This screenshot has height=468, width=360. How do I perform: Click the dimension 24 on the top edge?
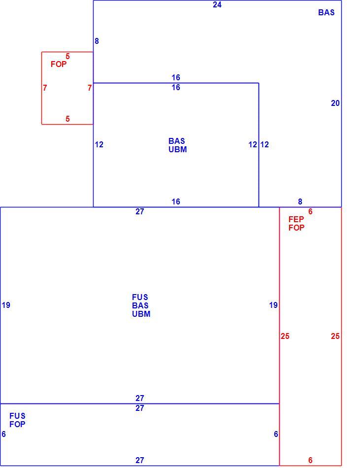pyautogui.click(x=217, y=5)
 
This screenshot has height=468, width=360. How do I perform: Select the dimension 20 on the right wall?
pyautogui.click(x=335, y=103)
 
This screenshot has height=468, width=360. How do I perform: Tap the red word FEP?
pyautogui.click(x=296, y=219)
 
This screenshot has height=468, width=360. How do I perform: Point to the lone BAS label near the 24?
pyautogui.click(x=327, y=12)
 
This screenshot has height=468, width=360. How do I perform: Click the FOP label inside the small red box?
pyautogui.click(x=59, y=64)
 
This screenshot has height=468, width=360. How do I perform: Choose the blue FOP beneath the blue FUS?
pyautogui.click(x=17, y=424)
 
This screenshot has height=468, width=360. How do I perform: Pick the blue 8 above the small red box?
pyautogui.click(x=97, y=41)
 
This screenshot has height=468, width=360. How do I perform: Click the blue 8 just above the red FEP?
pyautogui.click(x=300, y=202)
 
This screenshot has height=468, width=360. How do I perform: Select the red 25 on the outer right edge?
pyautogui.click(x=335, y=336)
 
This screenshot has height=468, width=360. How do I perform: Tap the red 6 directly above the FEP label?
pyautogui.click(x=310, y=212)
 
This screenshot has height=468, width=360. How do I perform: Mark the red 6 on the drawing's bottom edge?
pyautogui.click(x=310, y=460)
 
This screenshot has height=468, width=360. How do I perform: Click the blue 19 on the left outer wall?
pyautogui.click(x=6, y=305)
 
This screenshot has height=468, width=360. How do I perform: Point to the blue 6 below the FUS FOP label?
pyautogui.click(x=3, y=435)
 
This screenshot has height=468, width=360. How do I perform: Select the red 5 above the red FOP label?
pyautogui.click(x=67, y=57)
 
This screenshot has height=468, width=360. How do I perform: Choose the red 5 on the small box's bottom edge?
pyautogui.click(x=67, y=119)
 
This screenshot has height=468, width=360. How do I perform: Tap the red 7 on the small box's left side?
pyautogui.click(x=45, y=88)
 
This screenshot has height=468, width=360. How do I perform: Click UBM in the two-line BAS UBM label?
pyautogui.click(x=177, y=149)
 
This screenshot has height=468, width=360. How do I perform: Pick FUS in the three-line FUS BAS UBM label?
pyautogui.click(x=140, y=297)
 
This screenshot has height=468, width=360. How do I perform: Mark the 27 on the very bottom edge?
pyautogui.click(x=139, y=460)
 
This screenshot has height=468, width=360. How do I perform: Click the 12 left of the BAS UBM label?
pyautogui.click(x=99, y=145)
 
